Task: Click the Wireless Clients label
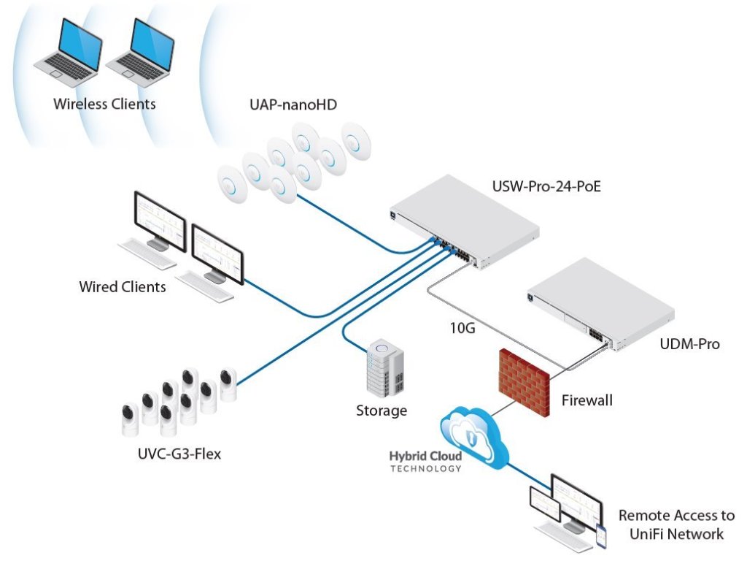[x=104, y=104]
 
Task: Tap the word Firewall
[x=587, y=400]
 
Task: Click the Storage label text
[x=381, y=411]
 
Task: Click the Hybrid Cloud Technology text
[x=425, y=462]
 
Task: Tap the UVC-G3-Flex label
[x=179, y=454]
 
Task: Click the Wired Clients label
[x=123, y=286]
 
